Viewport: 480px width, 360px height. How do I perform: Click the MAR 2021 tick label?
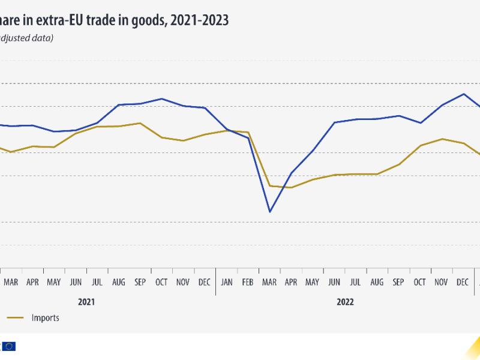point(11,281)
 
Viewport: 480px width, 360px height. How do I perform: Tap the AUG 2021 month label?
point(118,281)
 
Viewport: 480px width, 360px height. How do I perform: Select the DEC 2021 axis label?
point(205,281)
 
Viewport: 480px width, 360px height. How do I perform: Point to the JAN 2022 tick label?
point(227,281)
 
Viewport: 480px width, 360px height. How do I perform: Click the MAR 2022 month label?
point(270,281)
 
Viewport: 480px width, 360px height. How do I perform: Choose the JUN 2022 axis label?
point(334,281)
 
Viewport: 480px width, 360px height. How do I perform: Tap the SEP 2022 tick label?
point(398,281)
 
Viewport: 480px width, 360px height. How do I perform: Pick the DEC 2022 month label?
point(463,281)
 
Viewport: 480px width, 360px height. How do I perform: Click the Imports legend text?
point(46,318)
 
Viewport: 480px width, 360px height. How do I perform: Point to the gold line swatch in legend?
point(15,318)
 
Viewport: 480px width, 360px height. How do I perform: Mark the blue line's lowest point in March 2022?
point(270,212)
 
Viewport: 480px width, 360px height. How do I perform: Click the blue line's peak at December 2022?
point(463,94)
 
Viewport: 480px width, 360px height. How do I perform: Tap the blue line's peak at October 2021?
point(161,98)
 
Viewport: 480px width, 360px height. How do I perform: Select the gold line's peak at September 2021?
point(140,123)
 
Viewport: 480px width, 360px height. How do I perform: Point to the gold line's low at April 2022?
point(292,187)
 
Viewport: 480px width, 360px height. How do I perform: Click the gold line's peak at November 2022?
point(442,139)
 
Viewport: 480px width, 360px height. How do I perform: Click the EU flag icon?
point(9,346)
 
